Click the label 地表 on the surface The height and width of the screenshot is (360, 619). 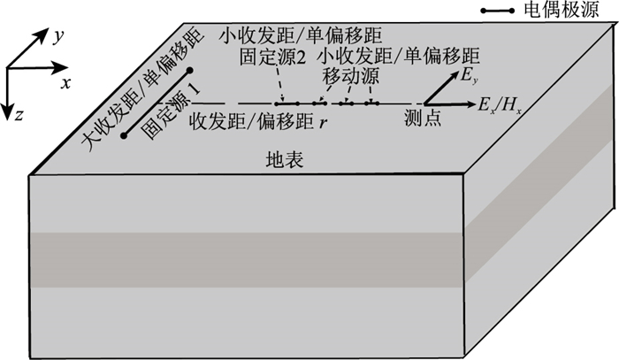[x=284, y=161]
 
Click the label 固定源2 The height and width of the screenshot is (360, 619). [x=276, y=57]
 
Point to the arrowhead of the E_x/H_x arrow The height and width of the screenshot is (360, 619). [x=470, y=103]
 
